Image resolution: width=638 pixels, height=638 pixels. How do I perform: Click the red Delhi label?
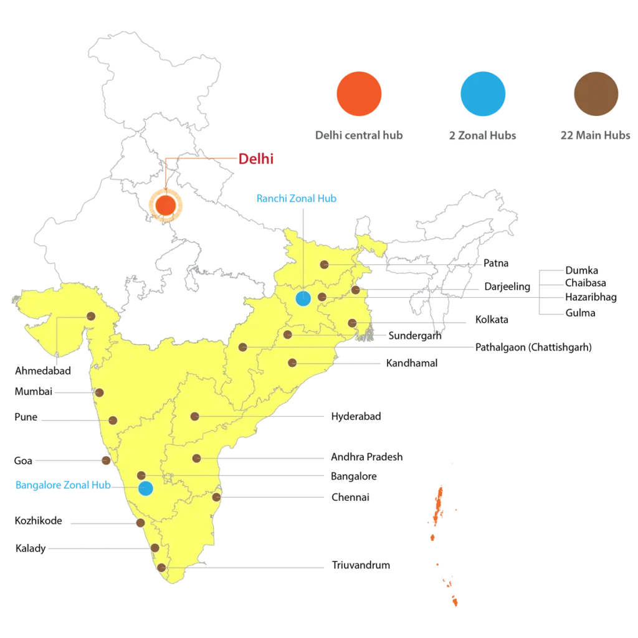click(x=257, y=159)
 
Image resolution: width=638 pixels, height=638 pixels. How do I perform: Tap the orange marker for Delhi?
click(x=165, y=205)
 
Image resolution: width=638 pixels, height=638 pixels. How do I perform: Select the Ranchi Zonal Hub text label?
click(x=297, y=198)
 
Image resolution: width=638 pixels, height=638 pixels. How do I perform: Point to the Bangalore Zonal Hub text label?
click(x=62, y=485)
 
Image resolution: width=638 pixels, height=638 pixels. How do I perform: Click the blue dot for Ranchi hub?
click(x=303, y=298)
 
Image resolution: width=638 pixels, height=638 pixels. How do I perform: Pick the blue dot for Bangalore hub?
click(x=145, y=488)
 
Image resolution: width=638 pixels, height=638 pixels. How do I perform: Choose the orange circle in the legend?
click(x=358, y=93)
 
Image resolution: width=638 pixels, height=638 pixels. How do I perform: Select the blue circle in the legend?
click(x=482, y=93)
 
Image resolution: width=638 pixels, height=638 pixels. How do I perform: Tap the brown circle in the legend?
click(x=596, y=93)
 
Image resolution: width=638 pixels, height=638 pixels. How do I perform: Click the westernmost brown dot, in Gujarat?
click(x=91, y=317)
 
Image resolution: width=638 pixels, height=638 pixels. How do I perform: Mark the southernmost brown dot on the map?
click(x=161, y=568)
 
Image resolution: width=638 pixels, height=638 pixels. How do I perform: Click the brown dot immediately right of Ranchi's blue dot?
click(x=322, y=297)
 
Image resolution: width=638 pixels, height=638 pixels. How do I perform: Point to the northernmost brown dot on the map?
click(x=324, y=265)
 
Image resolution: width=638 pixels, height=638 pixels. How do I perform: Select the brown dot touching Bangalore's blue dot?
click(x=141, y=476)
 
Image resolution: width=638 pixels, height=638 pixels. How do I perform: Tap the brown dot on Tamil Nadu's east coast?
click(x=216, y=497)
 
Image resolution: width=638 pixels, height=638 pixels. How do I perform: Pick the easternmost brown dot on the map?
click(x=356, y=290)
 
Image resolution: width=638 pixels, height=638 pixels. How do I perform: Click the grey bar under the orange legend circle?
click(x=358, y=135)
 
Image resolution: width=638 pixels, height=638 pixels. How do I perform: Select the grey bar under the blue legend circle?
click(x=483, y=136)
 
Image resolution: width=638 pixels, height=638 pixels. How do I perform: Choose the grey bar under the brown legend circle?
click(x=595, y=135)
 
